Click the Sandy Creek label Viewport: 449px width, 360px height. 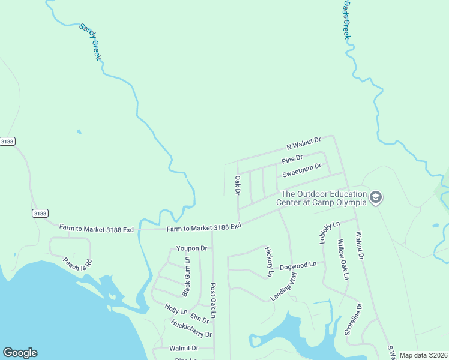[89, 43]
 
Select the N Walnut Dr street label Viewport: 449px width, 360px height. [303, 143]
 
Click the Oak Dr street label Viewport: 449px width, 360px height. [238, 185]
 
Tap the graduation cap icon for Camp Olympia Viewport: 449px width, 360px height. [376, 197]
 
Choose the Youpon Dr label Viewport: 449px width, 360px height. [191, 248]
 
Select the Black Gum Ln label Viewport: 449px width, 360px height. [186, 277]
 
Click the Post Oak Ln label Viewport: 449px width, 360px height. [212, 301]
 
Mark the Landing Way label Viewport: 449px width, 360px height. [283, 286]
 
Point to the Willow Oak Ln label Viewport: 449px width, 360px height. [342, 260]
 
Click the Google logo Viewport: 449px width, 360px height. [20, 353]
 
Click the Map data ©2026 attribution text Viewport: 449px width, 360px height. [423, 355]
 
